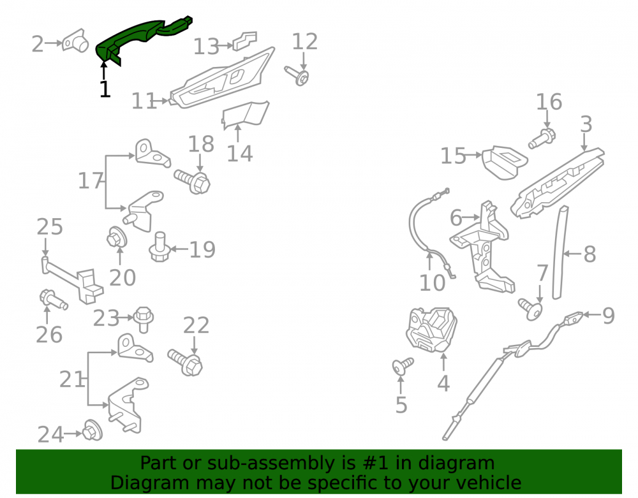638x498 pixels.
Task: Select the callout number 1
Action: click(105, 89)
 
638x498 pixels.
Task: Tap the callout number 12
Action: click(305, 41)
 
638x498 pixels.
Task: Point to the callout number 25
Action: click(50, 226)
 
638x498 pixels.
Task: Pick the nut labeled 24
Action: click(93, 430)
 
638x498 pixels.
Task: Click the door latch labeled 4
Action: click(431, 328)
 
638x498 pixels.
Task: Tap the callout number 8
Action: click(590, 254)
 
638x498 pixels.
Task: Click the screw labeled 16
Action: click(542, 138)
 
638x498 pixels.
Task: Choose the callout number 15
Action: click(453, 156)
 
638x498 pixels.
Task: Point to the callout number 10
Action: click(433, 282)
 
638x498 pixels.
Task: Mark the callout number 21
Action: click(71, 379)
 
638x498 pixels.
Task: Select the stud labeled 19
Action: click(159, 247)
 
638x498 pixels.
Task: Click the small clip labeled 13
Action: click(244, 41)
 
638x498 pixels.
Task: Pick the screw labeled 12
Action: click(297, 76)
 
